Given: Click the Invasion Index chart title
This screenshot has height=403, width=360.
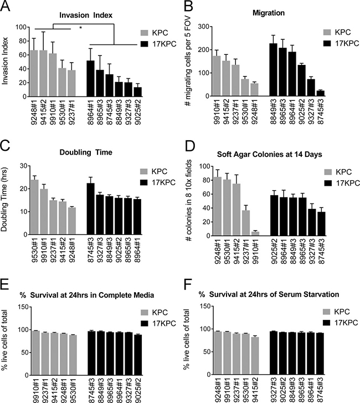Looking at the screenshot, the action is click(x=86, y=16).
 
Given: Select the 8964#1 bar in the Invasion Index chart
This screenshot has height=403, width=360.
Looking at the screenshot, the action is click(x=91, y=79).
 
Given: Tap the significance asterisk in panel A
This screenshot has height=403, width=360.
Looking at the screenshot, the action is click(x=80, y=28).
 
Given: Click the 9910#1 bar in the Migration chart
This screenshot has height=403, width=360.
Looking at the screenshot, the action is click(x=217, y=76).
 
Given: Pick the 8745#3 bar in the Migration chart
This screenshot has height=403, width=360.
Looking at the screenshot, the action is click(x=321, y=93).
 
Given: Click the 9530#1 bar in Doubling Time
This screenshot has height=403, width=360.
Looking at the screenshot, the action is click(x=34, y=207).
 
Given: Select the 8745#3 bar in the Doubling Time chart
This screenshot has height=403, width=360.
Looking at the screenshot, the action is click(x=91, y=209).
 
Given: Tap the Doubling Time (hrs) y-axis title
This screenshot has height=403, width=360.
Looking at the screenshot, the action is click(x=4, y=199).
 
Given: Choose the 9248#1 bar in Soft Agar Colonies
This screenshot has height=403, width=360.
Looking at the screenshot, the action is click(x=218, y=206).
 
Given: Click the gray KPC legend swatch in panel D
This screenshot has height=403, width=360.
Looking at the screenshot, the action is click(x=328, y=172).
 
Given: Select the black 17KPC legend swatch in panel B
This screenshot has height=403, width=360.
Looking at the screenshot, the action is click(x=327, y=43).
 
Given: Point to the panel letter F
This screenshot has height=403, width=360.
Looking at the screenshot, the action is click(x=188, y=284).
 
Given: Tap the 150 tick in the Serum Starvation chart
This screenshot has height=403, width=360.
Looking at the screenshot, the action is click(x=205, y=306).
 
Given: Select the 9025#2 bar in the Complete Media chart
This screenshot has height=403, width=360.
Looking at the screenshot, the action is click(x=138, y=355).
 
